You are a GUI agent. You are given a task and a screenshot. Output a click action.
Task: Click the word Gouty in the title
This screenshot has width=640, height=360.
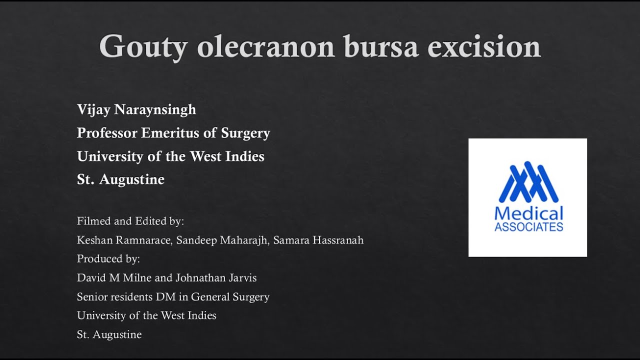coord(143,47)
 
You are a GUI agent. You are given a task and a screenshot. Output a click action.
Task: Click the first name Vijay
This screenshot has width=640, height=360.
coord(93,110)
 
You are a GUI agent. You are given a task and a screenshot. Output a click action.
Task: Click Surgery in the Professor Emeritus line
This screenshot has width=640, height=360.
coord(245,133)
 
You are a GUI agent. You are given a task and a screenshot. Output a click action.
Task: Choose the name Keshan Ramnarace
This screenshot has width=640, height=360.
coord(124,240)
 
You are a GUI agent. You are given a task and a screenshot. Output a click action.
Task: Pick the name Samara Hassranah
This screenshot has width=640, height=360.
coord(318,240)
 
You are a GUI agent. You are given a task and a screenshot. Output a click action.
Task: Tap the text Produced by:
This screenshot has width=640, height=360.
coord(108,259)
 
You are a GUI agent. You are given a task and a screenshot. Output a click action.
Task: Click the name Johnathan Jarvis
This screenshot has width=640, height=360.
coord(216,277)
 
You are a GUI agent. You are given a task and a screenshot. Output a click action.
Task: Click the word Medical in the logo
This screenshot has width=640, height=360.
coord(528,213)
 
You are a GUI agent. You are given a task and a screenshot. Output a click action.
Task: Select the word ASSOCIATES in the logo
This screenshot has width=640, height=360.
coord(528,227)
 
